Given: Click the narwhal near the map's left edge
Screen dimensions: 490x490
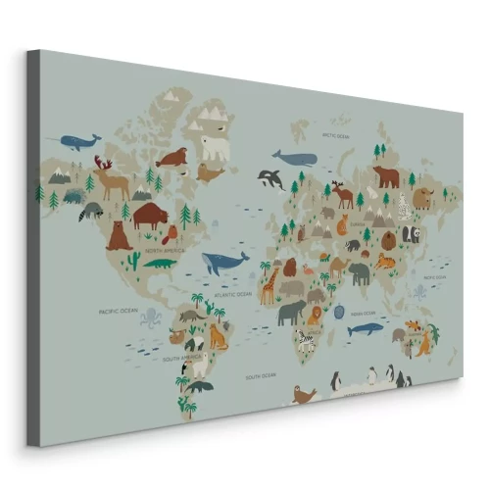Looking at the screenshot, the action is (80, 141).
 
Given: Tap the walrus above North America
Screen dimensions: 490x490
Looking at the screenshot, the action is (173, 157).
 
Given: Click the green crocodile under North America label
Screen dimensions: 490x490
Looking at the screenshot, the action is (158, 262).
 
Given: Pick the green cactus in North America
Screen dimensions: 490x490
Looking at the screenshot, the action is (133, 260).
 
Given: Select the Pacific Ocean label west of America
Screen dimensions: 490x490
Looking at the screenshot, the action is (116, 312).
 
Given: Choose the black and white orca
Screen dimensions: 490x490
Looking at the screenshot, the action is (270, 178).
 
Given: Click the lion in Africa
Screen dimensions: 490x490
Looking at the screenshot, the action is (315, 314).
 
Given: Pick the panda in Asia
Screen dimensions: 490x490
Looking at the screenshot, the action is (411, 234).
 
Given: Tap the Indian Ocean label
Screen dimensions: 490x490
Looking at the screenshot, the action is (362, 314).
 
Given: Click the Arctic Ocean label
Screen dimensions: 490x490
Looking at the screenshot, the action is (336, 136).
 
